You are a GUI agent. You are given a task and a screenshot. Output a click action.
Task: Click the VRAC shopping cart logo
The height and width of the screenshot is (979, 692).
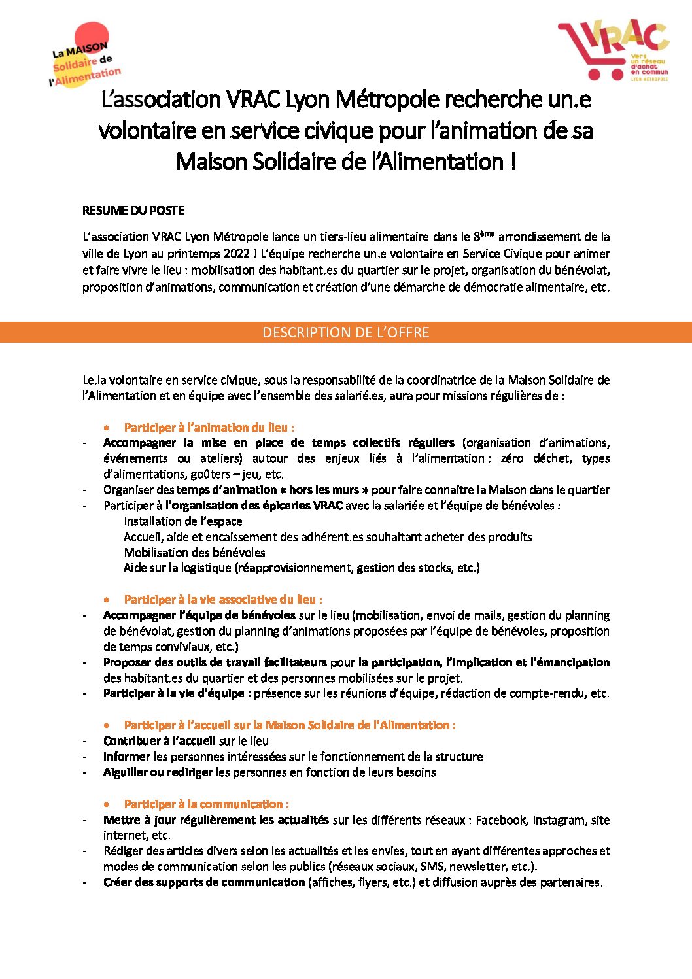(x=612, y=50)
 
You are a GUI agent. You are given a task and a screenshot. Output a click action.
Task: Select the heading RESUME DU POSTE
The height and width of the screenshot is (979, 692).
(x=133, y=211)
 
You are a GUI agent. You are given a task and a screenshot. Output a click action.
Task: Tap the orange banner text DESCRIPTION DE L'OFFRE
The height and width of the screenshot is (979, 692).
(x=345, y=332)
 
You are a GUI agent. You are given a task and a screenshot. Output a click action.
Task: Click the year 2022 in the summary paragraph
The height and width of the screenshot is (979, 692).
(x=231, y=254)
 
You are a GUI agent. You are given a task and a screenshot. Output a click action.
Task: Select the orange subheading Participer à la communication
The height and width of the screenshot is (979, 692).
(x=206, y=804)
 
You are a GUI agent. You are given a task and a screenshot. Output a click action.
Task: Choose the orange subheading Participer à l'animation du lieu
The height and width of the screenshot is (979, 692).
(x=209, y=428)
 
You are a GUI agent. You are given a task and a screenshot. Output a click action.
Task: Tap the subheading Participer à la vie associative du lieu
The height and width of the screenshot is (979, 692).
(x=222, y=600)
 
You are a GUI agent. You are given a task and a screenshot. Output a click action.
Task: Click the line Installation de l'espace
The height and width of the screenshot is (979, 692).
(x=183, y=521)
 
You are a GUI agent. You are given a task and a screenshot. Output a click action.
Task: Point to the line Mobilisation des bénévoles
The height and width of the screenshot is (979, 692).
(x=194, y=553)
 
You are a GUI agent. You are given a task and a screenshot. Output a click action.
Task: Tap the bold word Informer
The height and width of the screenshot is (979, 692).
(x=127, y=757)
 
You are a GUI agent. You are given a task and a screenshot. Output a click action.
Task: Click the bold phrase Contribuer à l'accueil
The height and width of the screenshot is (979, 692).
(x=159, y=741)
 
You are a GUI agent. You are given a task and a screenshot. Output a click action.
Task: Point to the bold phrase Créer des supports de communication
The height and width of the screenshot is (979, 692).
(x=204, y=882)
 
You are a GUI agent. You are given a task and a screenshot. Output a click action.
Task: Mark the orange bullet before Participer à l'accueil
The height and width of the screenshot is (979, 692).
(x=107, y=725)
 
